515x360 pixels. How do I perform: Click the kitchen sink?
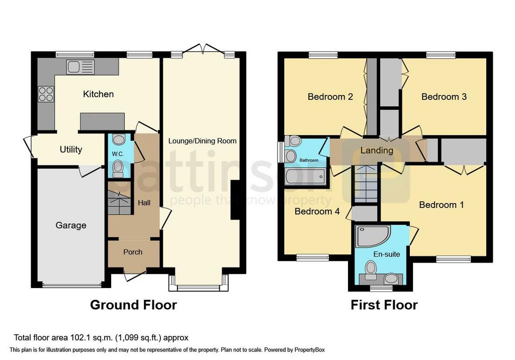coord(78,66)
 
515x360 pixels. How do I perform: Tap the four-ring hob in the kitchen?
coord(46,94)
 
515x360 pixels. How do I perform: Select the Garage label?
coord(70,225)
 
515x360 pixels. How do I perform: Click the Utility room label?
coord(71,149)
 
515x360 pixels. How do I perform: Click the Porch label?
coord(133,252)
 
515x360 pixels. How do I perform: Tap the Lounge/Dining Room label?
coord(203,141)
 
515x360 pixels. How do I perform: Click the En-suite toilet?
coord(371,268)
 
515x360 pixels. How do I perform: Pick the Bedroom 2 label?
coord(330,97)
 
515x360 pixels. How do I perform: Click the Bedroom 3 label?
coord(444,97)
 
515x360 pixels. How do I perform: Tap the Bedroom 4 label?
coord(317,212)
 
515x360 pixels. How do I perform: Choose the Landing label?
coord(377,150)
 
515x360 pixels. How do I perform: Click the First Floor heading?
coord(384,305)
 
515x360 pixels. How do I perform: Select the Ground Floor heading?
coord(133,305)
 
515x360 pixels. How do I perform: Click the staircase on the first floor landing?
coord(366,184)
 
